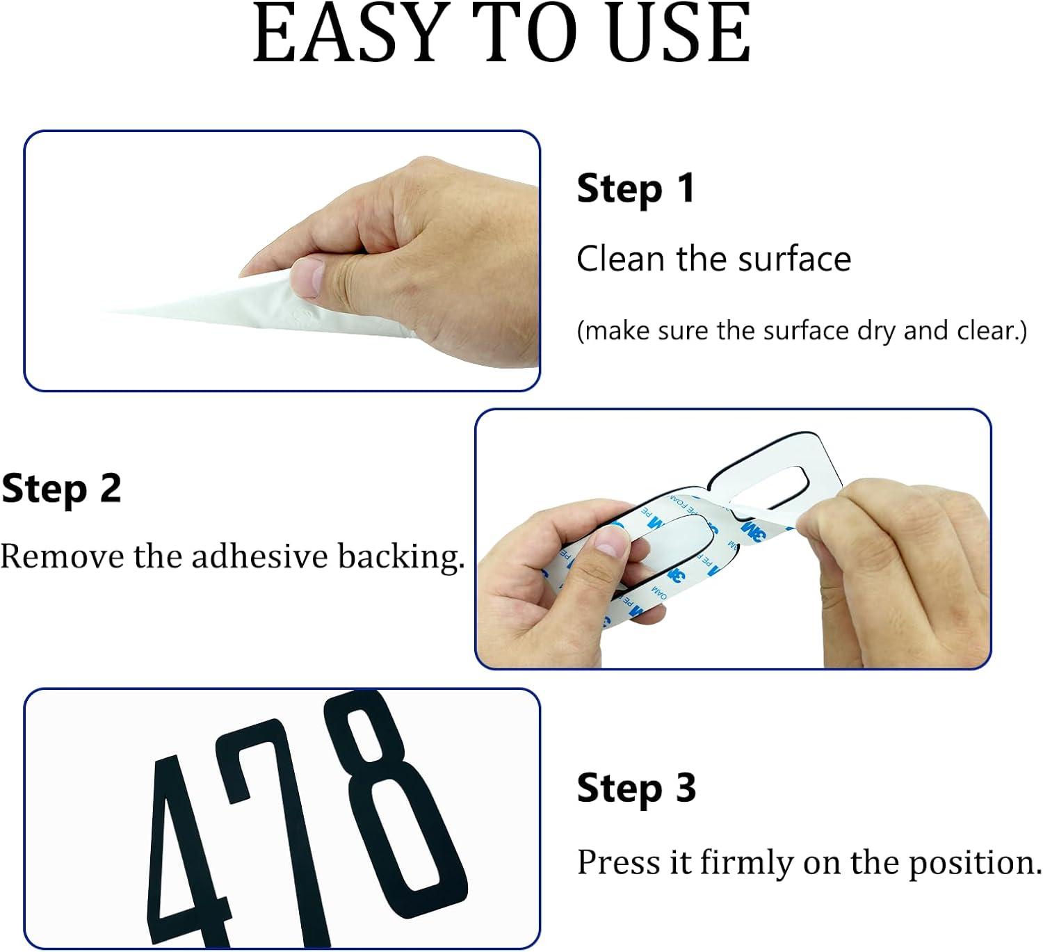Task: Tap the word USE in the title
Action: click(x=679, y=33)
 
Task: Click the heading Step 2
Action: click(x=61, y=490)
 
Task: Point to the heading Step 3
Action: click(x=636, y=789)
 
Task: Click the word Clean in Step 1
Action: click(x=622, y=259)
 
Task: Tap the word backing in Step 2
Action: click(x=401, y=557)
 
